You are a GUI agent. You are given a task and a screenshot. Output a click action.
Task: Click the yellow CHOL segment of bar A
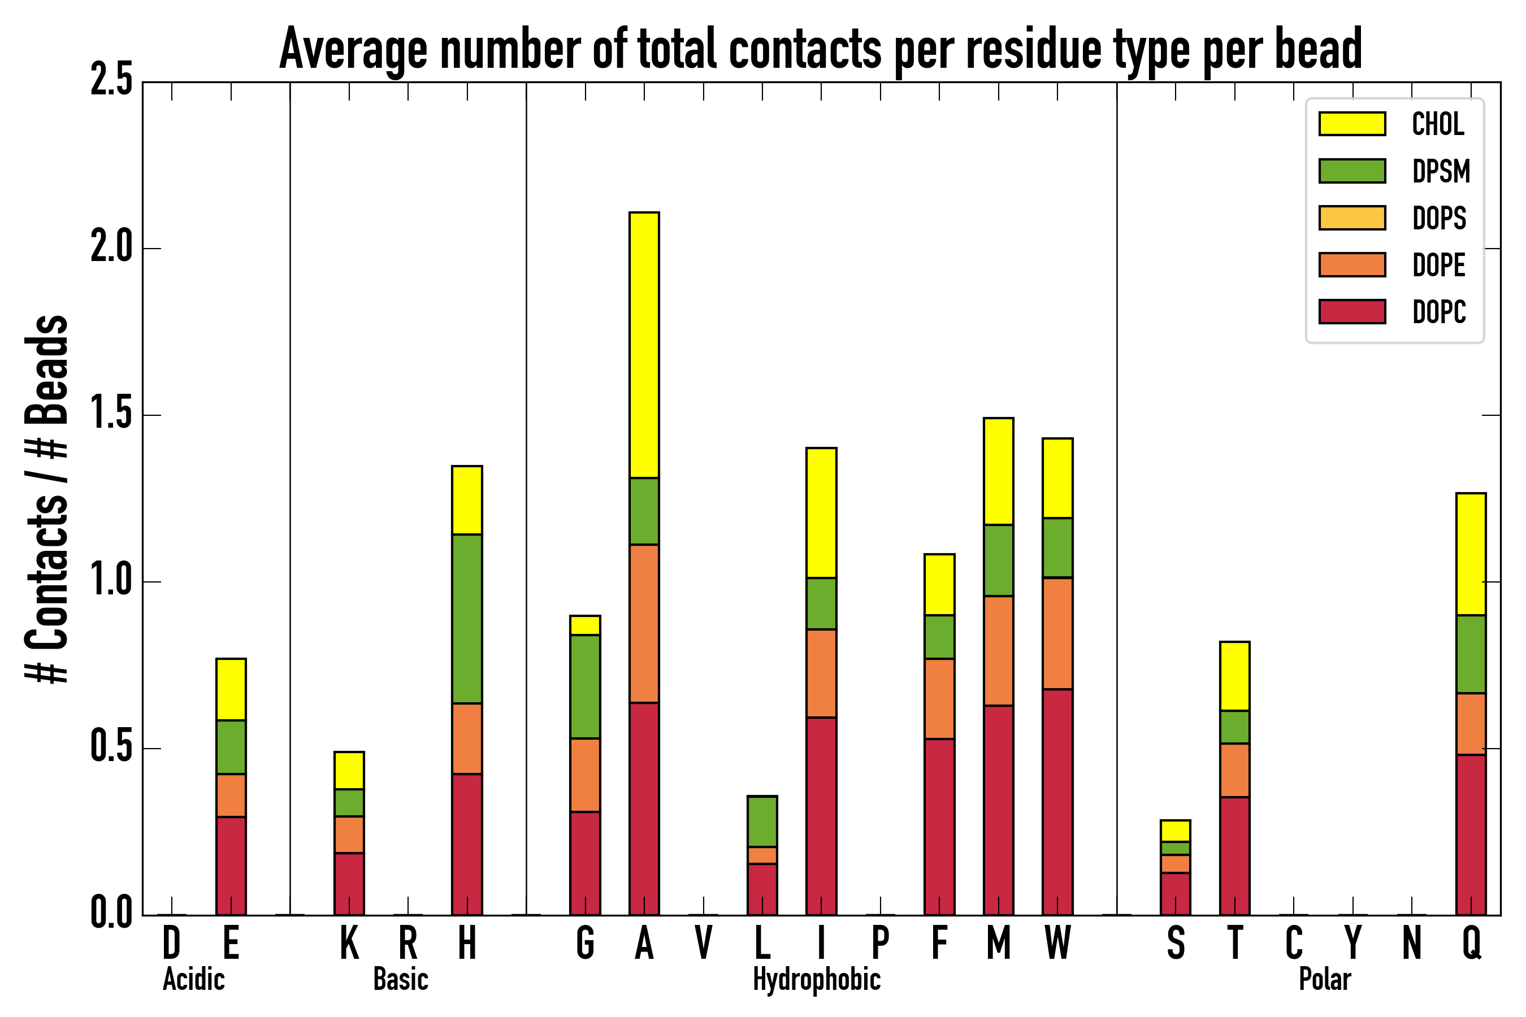(644, 345)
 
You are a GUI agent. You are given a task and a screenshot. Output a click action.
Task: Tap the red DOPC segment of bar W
(1057, 802)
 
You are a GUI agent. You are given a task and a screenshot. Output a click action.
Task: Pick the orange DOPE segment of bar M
(998, 650)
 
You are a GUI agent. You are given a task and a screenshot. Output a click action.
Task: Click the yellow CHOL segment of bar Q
(1470, 554)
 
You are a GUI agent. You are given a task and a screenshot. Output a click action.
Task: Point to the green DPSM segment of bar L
(762, 821)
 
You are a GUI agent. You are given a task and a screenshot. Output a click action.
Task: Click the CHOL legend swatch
(1351, 124)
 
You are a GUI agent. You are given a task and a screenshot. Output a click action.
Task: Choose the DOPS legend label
(1438, 218)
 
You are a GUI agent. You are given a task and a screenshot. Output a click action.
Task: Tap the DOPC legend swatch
(1351, 311)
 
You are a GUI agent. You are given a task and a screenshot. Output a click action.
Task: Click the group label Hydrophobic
(816, 979)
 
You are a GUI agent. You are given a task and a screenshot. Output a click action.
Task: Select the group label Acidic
(193, 979)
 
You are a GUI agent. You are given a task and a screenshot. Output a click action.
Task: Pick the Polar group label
(1324, 979)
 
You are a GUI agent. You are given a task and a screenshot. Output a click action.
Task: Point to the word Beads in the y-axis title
(47, 370)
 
